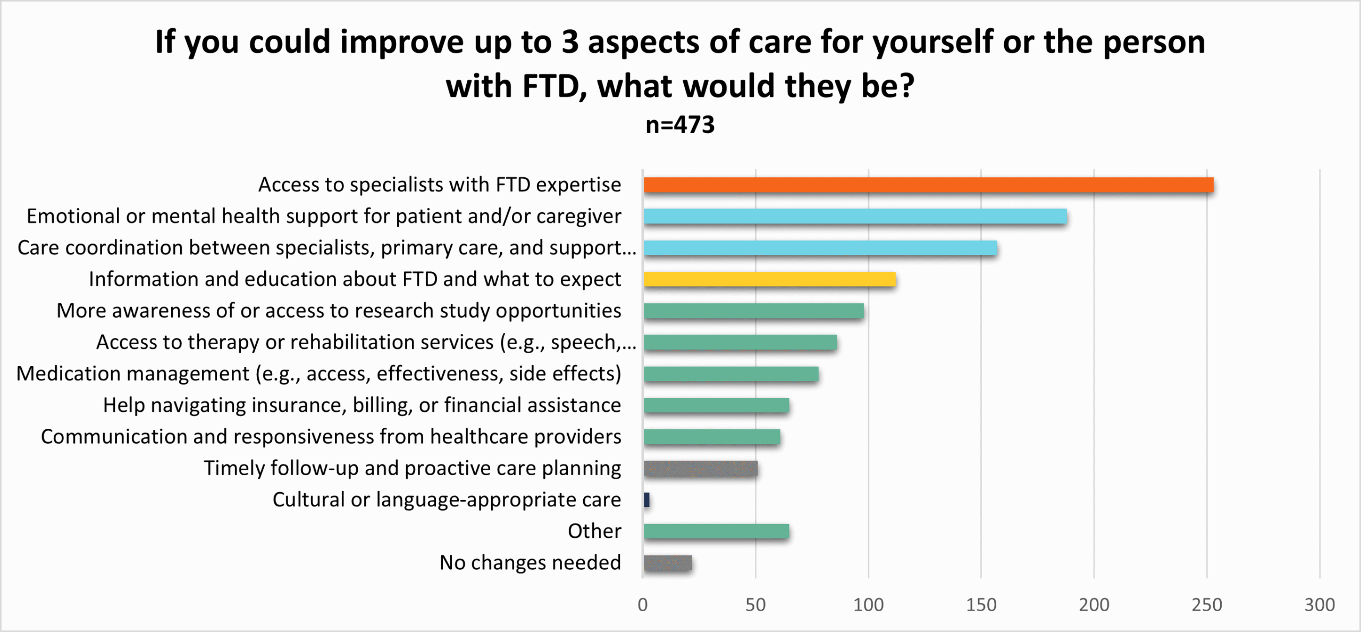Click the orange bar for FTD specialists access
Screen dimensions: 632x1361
click(928, 185)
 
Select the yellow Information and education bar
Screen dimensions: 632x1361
click(769, 279)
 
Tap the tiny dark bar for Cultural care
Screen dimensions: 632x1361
click(646, 500)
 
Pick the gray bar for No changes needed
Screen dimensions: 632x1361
click(668, 563)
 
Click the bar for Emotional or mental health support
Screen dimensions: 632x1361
click(855, 217)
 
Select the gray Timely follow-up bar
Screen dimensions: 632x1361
click(700, 469)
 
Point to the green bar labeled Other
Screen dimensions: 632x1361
click(716, 531)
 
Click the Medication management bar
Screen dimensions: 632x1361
click(731, 374)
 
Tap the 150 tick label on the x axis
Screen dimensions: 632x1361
click(981, 605)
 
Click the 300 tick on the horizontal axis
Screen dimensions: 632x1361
click(1319, 605)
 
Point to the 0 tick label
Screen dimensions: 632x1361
click(643, 605)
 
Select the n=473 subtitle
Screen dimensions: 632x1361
click(680, 125)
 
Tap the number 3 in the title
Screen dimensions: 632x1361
click(570, 43)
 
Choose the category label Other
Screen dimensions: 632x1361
click(594, 531)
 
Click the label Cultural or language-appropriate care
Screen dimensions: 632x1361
click(447, 500)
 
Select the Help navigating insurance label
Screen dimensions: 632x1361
click(362, 405)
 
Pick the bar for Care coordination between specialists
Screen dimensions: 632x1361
click(820, 248)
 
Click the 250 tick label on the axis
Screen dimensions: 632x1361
click(1206, 605)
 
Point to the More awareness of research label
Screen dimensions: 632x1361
click(339, 311)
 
